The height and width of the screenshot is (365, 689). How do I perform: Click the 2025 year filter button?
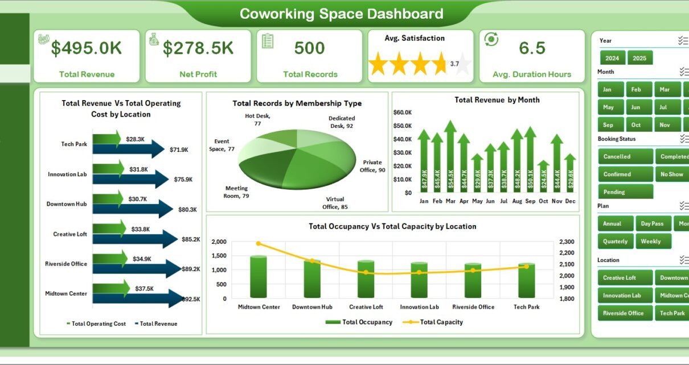click(x=639, y=58)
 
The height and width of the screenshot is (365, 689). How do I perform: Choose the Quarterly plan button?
click(x=615, y=241)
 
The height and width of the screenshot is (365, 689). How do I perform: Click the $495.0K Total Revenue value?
click(x=86, y=48)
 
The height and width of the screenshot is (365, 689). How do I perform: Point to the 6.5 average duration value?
click(x=532, y=48)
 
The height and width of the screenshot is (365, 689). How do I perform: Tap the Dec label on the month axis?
click(x=571, y=201)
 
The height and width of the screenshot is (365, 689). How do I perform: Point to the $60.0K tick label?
click(x=402, y=113)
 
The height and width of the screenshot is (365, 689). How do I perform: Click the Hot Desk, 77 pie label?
click(x=257, y=119)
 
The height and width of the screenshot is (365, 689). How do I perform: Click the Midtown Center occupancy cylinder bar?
click(x=259, y=276)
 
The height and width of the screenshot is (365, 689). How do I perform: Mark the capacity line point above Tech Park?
click(x=526, y=266)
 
